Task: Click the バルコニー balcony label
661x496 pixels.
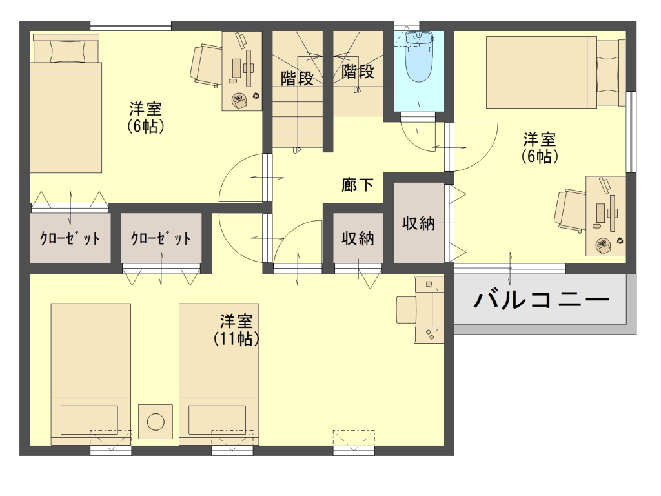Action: click(542, 300)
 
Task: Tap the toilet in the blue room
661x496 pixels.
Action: click(418, 57)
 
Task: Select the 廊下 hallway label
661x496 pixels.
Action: click(358, 185)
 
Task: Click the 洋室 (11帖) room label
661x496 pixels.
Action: click(236, 330)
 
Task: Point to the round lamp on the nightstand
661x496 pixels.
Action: click(156, 421)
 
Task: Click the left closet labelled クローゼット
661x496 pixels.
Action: click(70, 238)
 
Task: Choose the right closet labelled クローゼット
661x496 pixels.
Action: click(161, 238)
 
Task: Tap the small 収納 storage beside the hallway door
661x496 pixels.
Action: click(358, 238)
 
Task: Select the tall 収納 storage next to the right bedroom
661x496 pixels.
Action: click(418, 223)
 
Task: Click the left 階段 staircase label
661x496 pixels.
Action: click(297, 78)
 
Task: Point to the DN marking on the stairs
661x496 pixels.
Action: click(358, 90)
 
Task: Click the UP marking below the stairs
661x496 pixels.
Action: click(297, 150)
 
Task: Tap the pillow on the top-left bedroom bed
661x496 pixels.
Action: click(67, 52)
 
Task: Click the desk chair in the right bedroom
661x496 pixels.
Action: click(570, 211)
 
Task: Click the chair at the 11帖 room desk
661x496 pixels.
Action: click(406, 310)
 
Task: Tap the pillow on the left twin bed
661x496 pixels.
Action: click(89, 420)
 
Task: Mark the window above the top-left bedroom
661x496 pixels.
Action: click(130, 25)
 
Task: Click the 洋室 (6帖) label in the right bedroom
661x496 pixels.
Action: click(540, 148)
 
